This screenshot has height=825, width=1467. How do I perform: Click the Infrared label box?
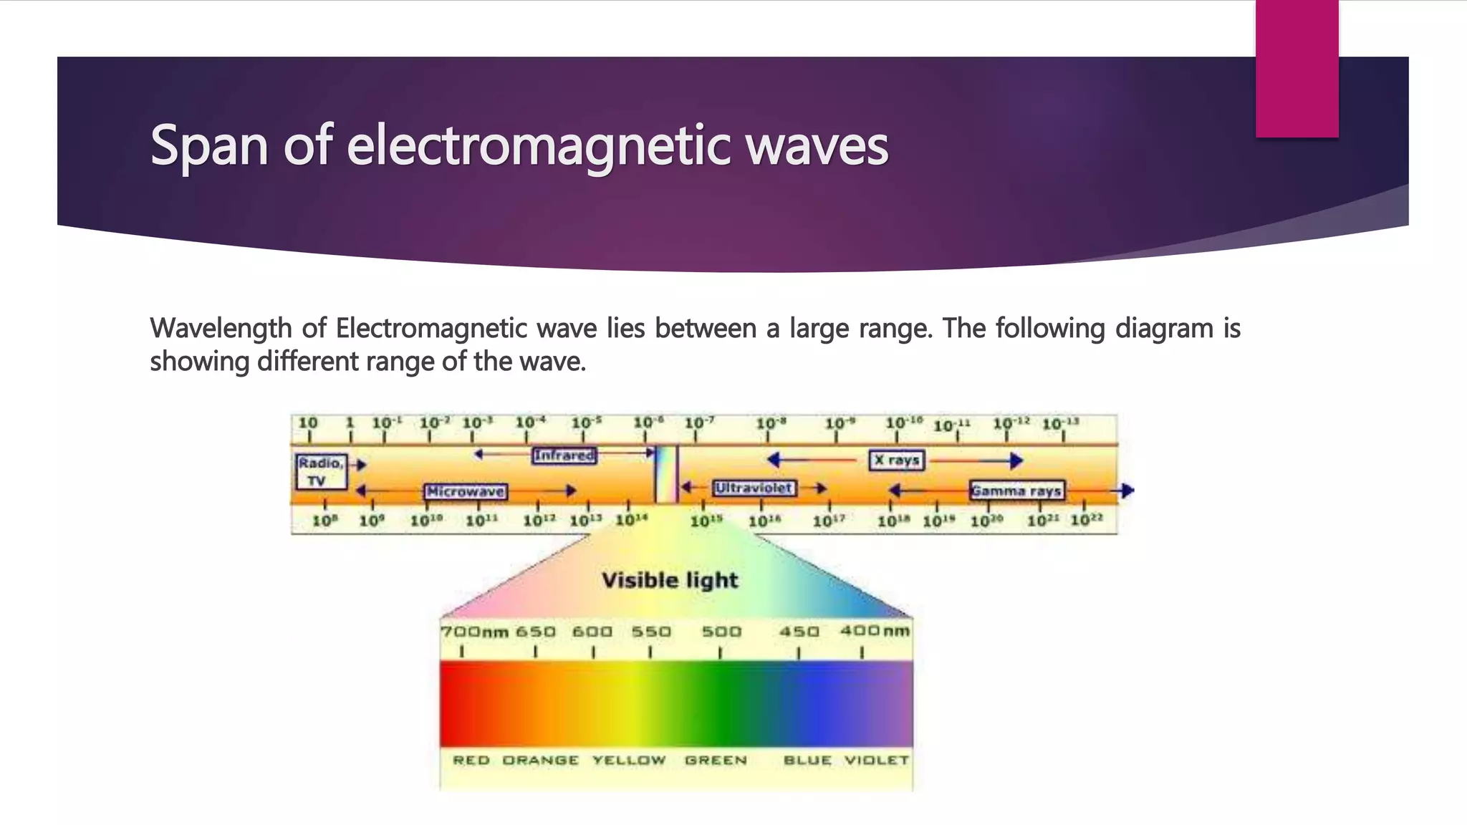[564, 455]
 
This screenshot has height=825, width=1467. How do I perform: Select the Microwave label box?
[466, 492]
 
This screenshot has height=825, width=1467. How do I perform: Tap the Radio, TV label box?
[321, 472]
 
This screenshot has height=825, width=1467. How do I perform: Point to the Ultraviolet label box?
[754, 488]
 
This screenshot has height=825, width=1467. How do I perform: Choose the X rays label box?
[897, 460]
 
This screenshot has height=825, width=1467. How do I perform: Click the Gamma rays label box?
[1016, 491]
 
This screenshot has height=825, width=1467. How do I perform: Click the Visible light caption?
[669, 580]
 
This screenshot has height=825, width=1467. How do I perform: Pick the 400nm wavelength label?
[875, 631]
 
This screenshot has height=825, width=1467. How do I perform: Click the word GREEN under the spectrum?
[715, 760]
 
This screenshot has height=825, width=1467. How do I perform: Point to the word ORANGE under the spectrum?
[540, 760]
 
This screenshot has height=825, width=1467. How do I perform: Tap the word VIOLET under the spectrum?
[876, 760]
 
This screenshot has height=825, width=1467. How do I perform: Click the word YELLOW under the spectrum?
[629, 760]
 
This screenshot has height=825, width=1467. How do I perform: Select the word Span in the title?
[210, 147]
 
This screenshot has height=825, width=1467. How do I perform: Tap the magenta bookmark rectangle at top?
[1297, 68]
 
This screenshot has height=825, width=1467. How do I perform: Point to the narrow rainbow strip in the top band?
[666, 474]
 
